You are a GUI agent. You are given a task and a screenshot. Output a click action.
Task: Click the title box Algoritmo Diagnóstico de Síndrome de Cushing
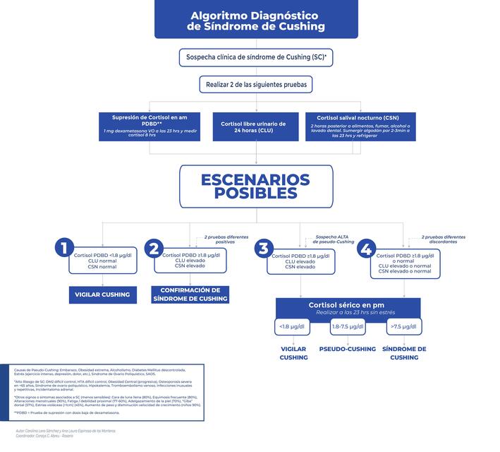pos(256,20)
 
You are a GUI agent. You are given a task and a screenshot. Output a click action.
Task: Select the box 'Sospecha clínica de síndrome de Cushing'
pos(256,56)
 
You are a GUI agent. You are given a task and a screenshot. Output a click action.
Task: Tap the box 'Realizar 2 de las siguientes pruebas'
pos(256,85)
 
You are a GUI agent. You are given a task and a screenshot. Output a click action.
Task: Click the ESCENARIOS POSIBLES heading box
pos(255,185)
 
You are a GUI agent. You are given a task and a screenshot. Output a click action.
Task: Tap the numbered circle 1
pos(65,247)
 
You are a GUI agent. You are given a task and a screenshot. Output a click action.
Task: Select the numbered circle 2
pos(154,249)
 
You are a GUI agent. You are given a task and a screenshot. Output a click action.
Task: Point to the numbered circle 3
pos(263,249)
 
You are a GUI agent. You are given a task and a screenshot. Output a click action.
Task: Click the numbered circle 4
pos(366,249)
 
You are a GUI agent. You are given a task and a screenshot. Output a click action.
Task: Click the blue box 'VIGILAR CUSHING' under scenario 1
pos(103,295)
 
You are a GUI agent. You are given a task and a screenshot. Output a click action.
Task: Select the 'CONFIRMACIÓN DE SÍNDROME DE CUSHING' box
pos(190,295)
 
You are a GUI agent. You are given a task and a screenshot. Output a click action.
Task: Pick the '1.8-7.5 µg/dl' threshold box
pos(348,326)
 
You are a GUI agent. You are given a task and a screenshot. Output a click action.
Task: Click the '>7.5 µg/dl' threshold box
pos(403,326)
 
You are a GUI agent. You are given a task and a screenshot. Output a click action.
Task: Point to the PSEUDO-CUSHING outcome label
pos(348,349)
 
